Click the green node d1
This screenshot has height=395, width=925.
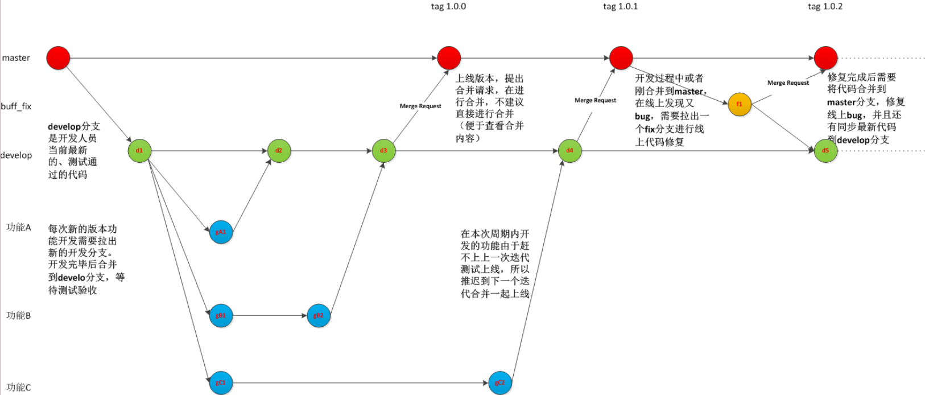[139, 151]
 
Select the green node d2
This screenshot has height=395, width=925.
[279, 151]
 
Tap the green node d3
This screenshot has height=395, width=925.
[383, 151]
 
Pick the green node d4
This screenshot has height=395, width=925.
[569, 151]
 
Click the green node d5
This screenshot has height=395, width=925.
[825, 151]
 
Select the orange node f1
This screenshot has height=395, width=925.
[740, 104]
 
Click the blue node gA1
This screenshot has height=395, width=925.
[221, 232]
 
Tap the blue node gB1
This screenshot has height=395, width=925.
[221, 315]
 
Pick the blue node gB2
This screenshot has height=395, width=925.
[319, 315]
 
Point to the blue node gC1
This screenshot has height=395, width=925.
[221, 382]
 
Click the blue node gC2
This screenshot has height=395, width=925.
[499, 382]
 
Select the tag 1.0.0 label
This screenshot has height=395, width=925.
[448, 6]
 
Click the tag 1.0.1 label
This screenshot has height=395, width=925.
[620, 6]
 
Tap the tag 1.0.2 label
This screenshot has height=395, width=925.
[825, 6]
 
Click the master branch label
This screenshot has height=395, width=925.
[16, 57]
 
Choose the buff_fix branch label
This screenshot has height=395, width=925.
[16, 106]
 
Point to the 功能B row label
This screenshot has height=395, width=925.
[19, 315]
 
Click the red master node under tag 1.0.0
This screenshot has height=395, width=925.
[449, 57]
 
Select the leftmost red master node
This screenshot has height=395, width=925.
[58, 57]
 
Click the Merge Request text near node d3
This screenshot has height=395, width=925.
[420, 106]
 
